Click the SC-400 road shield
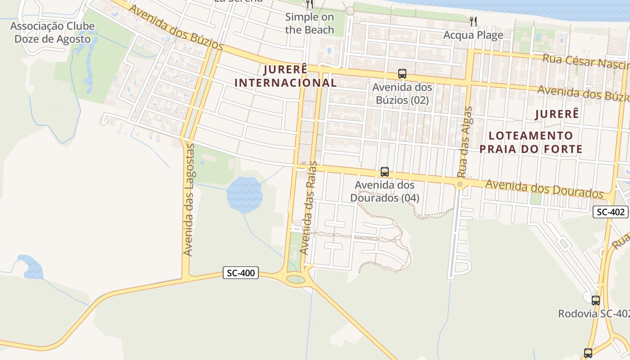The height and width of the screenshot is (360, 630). (241, 273)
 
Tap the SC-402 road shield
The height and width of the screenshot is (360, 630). (610, 212)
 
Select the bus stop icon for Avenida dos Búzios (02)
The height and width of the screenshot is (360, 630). (402, 74)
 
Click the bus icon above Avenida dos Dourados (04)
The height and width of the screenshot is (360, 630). (385, 172)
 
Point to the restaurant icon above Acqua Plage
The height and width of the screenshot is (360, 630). (473, 21)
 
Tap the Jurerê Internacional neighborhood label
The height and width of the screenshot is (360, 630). (286, 76)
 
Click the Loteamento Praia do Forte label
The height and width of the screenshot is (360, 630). (531, 142)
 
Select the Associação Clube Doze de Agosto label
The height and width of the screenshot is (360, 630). (53, 32)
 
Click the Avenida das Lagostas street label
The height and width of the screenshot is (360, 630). (189, 200)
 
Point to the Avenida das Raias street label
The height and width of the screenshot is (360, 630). (309, 208)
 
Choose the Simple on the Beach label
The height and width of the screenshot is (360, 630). (310, 23)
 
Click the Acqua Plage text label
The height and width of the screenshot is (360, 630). (473, 35)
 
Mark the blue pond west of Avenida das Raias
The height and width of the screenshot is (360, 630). (244, 195)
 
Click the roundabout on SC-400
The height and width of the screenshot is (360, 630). (295, 279)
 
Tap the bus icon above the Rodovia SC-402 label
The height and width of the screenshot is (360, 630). (596, 301)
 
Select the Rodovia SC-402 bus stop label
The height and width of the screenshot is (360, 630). (594, 314)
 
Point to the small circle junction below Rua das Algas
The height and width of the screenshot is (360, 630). (460, 184)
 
